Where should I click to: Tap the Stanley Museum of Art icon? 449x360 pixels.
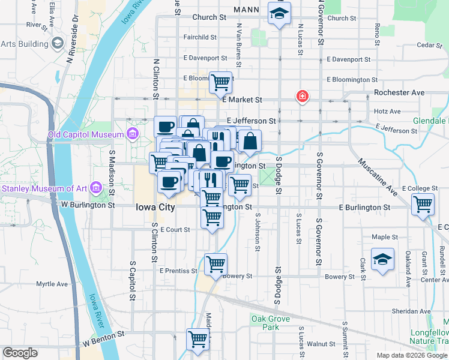[x=95, y=188]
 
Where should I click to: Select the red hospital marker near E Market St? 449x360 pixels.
[x=302, y=96]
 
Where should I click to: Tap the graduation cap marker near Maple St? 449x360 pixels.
[x=382, y=259]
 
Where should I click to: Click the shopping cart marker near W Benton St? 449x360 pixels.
[x=197, y=339]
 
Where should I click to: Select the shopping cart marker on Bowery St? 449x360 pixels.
[x=215, y=263]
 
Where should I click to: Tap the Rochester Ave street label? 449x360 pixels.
[x=399, y=92]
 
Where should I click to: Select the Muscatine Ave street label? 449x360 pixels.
[x=378, y=178]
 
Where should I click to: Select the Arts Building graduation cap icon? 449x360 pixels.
[x=58, y=43]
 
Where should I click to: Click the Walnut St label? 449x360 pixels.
[x=321, y=344]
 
